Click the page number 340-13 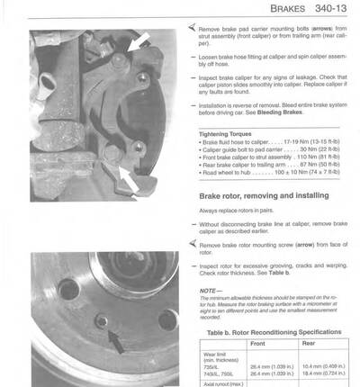coord(332,10)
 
